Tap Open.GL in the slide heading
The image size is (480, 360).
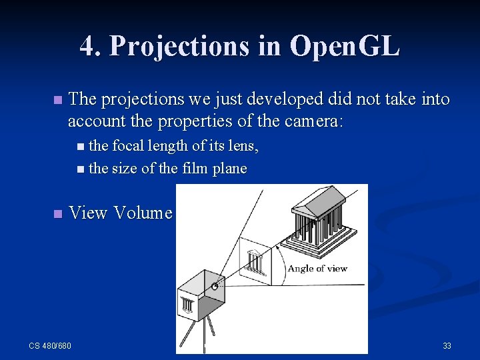pos(345,46)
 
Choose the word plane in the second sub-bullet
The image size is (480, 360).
pos(230,169)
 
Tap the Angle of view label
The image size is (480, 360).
pos(317,269)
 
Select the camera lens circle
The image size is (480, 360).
pos(215,287)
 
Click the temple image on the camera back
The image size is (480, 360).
pos(188,304)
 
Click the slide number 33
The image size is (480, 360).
pos(447,345)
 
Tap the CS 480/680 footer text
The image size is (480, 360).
pos(50,345)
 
